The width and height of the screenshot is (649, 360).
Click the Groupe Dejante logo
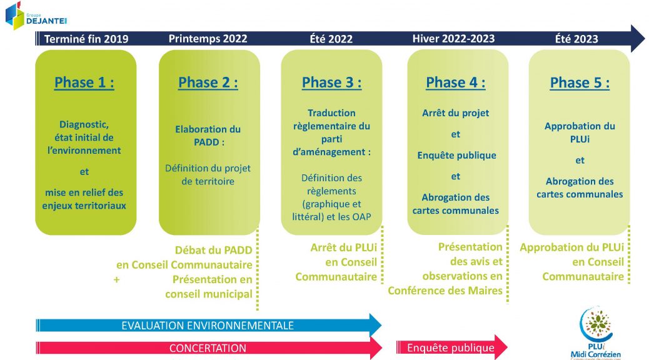36,16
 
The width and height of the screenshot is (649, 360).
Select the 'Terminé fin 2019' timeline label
86,39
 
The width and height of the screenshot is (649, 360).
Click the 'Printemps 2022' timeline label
208,39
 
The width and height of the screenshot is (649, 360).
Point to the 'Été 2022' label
331,39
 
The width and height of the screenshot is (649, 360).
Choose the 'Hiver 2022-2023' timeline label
454,39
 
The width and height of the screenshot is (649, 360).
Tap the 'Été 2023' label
576,39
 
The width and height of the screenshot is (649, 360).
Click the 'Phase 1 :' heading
84,82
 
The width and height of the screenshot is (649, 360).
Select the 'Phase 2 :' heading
208,82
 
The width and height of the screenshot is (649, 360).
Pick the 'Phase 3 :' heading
331,82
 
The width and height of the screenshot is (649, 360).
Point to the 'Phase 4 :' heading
456,82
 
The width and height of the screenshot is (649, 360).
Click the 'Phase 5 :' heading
580,82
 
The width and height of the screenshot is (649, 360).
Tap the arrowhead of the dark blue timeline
638,39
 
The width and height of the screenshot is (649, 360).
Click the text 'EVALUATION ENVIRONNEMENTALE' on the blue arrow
208,326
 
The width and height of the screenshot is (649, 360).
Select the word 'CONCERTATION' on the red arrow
208,348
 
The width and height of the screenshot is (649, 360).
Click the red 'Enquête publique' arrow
451,347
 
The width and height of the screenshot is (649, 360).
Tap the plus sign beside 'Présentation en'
117,280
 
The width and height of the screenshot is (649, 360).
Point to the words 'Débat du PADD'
214,251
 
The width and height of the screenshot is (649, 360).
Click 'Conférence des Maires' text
445,291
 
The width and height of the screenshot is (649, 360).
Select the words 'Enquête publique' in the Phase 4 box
456,156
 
